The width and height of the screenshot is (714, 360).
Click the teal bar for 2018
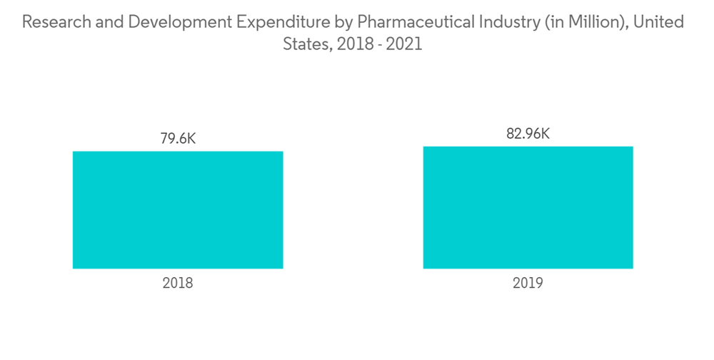pos(178,210)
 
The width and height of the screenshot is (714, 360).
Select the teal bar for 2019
pos(528,207)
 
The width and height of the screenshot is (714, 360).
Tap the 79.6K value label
pos(178,139)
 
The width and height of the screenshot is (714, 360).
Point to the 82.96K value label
pos(528,134)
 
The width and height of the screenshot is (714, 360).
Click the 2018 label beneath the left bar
pos(178,284)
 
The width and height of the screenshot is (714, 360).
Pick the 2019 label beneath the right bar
pos(528,284)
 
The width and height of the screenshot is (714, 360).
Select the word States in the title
pos(305,44)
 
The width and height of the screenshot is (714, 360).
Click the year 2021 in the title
pos(405,44)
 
